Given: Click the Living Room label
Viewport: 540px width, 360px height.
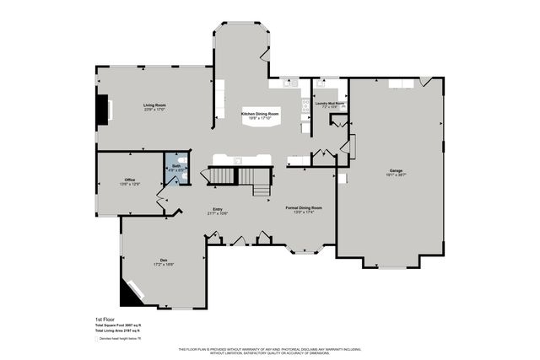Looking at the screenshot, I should tap(154, 107).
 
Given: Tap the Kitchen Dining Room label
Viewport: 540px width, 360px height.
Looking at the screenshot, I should tap(261, 115).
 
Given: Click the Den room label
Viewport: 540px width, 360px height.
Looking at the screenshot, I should tap(164, 261).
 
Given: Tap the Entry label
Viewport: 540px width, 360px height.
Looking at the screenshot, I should tap(218, 211).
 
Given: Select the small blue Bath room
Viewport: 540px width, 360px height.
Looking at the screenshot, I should tap(177, 165).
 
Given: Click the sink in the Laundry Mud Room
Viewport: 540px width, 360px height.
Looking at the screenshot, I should tap(321, 83).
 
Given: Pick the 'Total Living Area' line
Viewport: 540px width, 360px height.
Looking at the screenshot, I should tap(117, 330).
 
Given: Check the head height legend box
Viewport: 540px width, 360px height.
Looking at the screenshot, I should tap(97, 338).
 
